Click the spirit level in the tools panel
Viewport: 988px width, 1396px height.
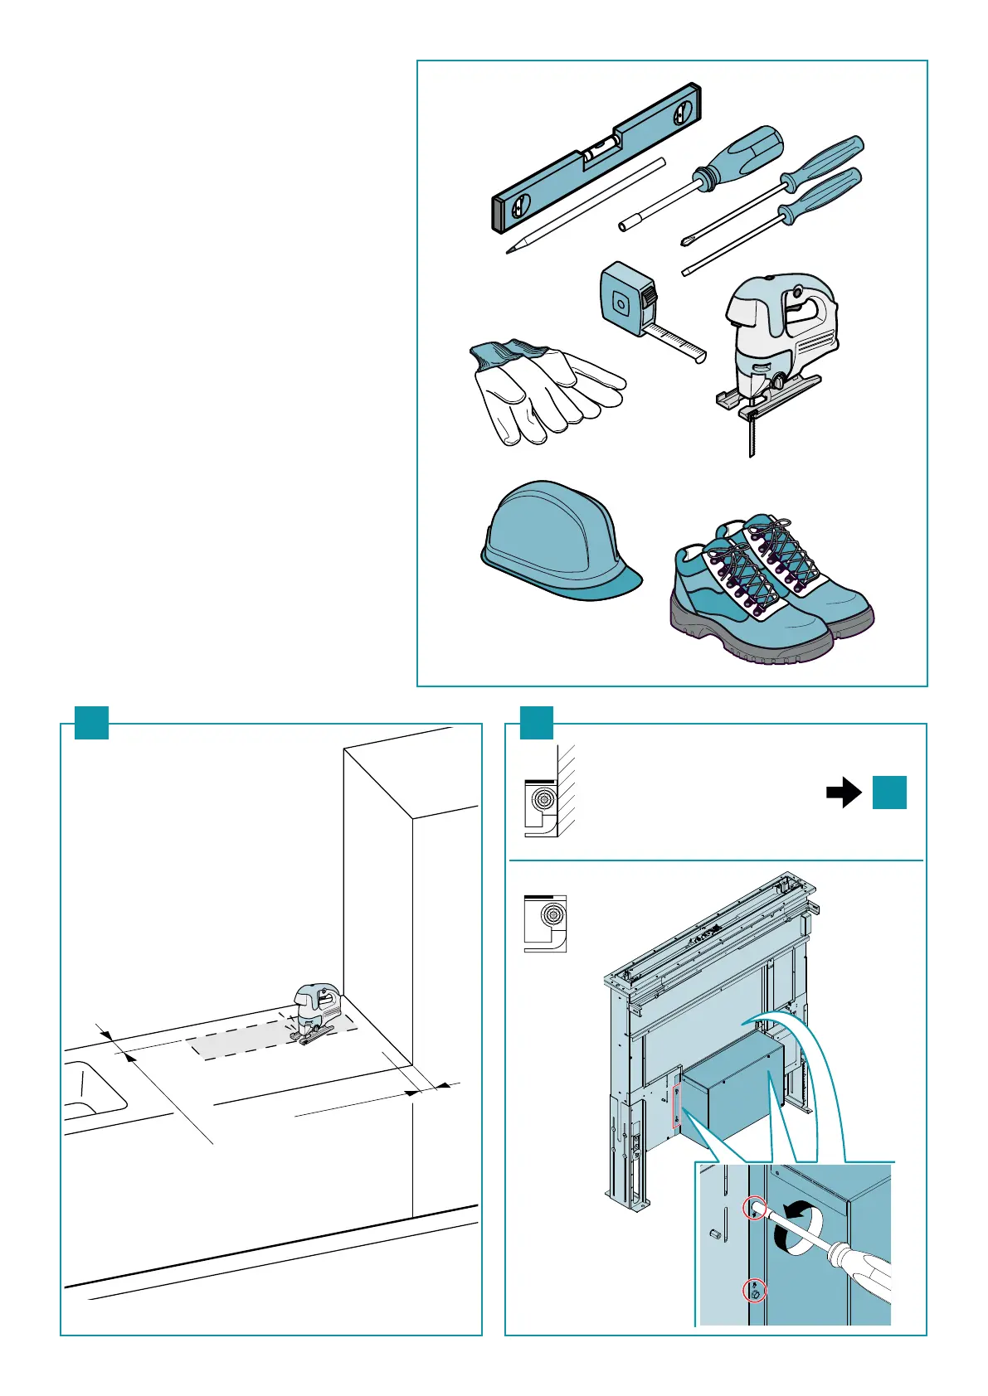[x=596, y=158]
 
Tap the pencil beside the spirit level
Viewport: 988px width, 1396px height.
[x=586, y=206]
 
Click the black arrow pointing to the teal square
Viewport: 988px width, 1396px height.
[x=844, y=793]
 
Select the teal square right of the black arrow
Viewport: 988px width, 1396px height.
[x=889, y=793]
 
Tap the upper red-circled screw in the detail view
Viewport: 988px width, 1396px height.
[x=755, y=1209]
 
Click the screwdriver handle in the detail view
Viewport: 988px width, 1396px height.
[x=863, y=1277]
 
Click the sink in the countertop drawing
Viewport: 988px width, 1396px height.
[x=91, y=1089]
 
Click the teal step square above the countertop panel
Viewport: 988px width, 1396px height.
[x=91, y=722]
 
